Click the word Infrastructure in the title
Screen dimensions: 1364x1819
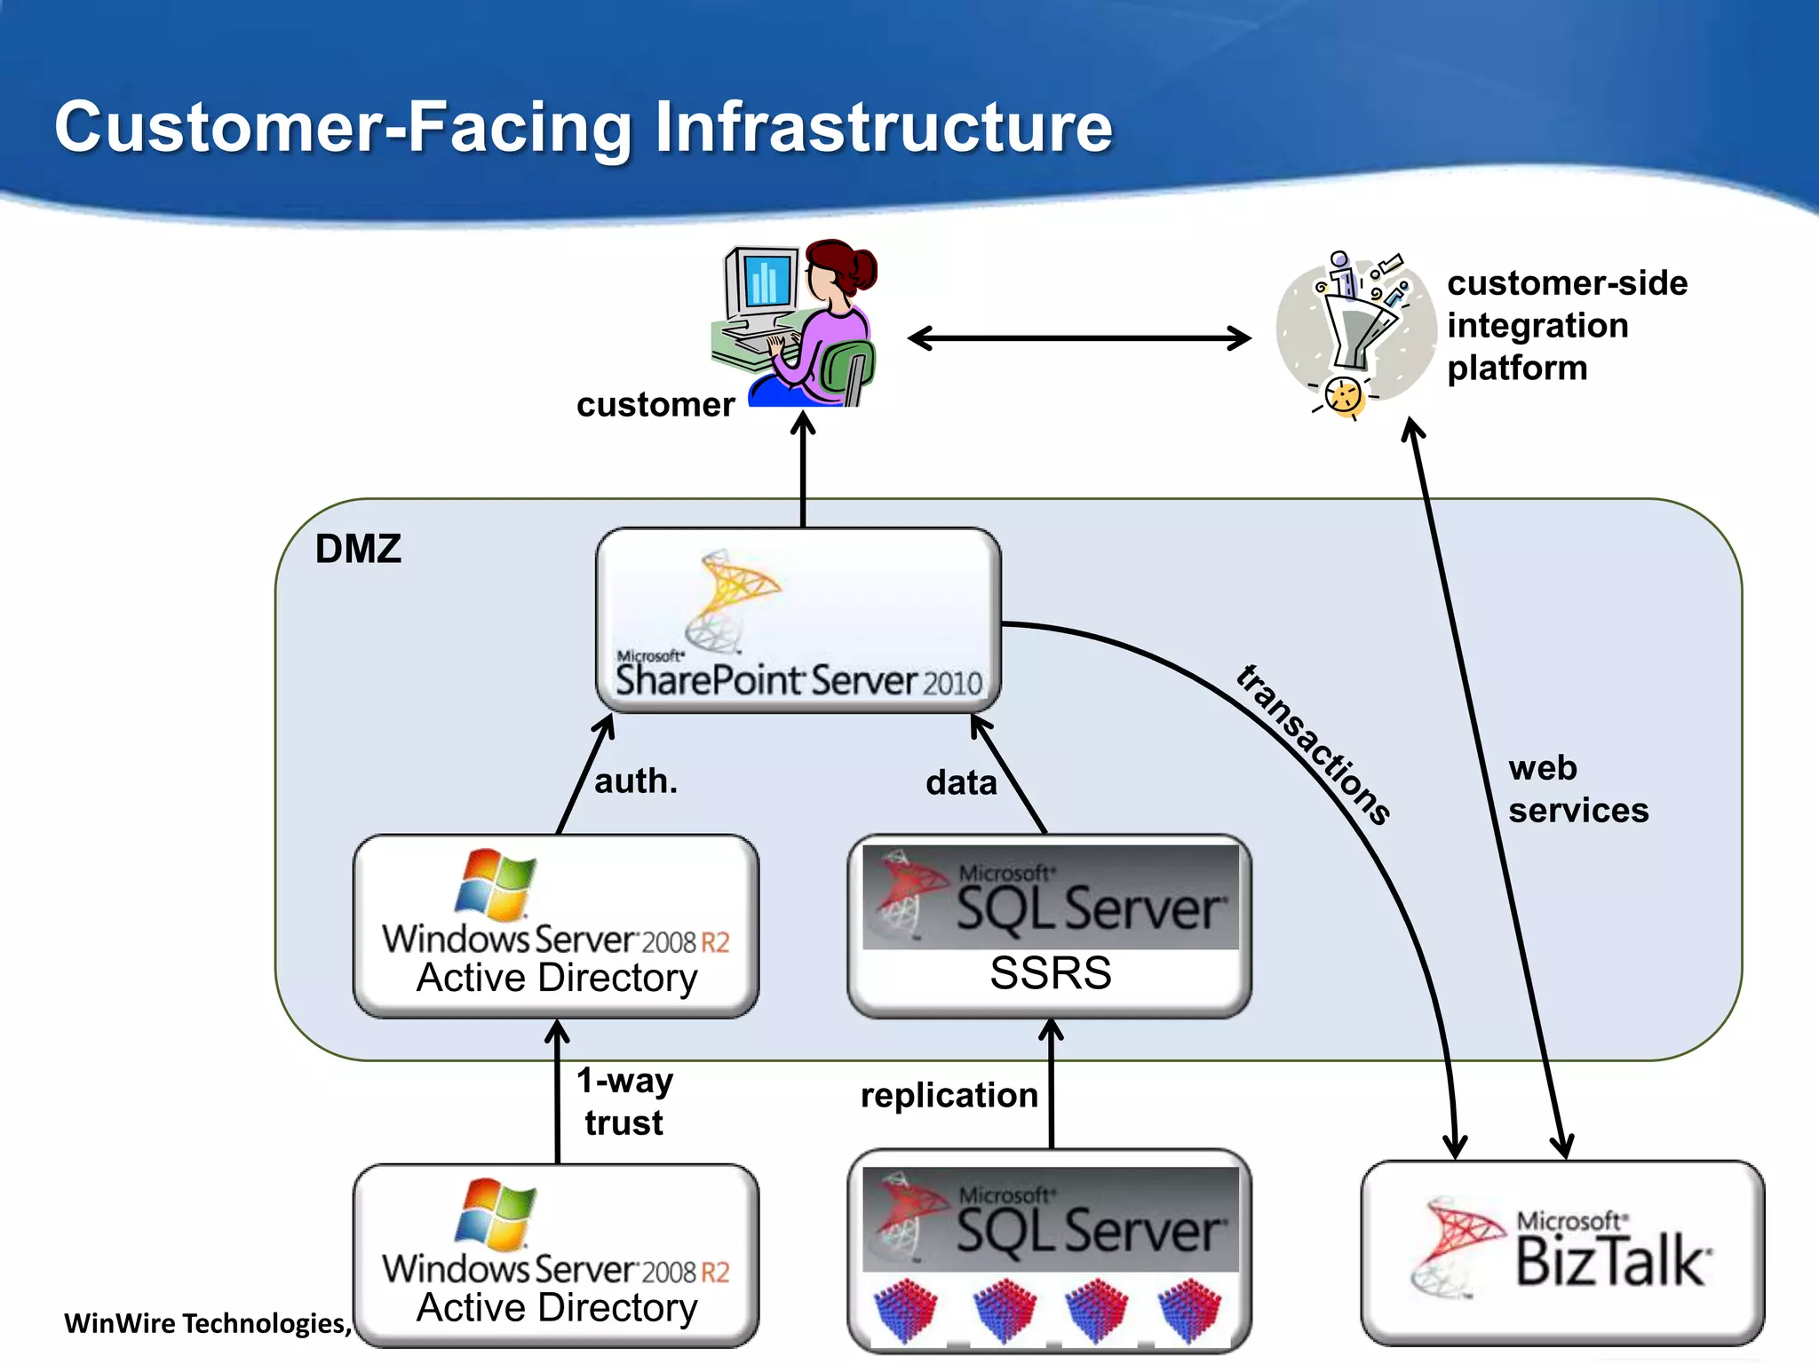[x=883, y=127]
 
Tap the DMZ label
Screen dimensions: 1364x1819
[x=358, y=549]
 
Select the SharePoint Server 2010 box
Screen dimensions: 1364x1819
[x=798, y=621]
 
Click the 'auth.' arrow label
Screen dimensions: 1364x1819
[x=636, y=781]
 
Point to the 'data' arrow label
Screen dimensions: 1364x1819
[x=961, y=783]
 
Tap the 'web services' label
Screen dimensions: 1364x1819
[x=1577, y=789]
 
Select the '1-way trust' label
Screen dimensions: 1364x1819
[x=625, y=1102]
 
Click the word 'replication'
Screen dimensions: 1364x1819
[x=949, y=1095]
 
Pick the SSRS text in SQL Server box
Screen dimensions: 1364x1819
[x=1050, y=973]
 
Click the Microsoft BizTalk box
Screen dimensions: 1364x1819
[x=1562, y=1252]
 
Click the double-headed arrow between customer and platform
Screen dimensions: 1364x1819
[x=1079, y=338]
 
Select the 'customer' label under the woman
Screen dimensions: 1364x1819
[x=655, y=405]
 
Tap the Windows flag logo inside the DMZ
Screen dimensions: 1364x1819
[x=496, y=884]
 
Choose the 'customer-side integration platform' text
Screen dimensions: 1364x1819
[x=1567, y=325]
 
